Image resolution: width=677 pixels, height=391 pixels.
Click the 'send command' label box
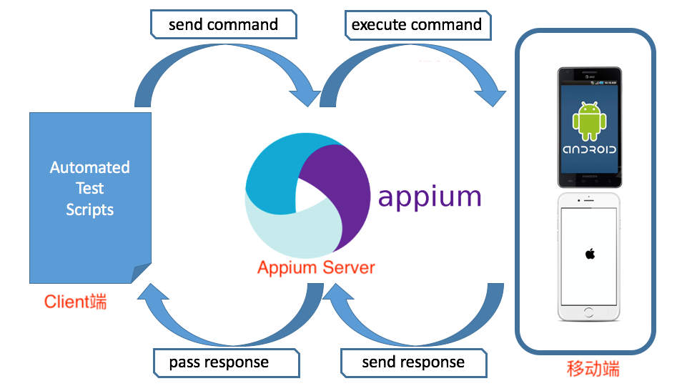point(223,25)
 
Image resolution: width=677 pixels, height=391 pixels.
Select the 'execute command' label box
point(416,25)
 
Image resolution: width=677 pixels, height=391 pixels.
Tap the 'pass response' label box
point(219,362)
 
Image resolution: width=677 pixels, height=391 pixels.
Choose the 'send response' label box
point(413,362)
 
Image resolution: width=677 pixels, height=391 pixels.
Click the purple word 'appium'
point(430,196)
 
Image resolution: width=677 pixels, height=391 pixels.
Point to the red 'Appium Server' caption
point(316,268)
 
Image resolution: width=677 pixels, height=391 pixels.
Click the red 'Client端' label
point(76,302)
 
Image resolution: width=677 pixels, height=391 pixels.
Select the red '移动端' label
point(593,369)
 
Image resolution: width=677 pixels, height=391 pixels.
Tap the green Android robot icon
point(590,121)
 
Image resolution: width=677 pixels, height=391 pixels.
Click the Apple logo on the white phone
point(590,254)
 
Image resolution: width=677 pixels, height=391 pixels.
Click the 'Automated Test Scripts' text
point(90,189)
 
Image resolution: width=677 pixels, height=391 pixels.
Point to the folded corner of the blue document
point(142,274)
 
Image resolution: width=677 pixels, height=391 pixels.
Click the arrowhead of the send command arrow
point(304,96)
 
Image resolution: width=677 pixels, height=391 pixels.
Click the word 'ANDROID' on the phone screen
point(590,150)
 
